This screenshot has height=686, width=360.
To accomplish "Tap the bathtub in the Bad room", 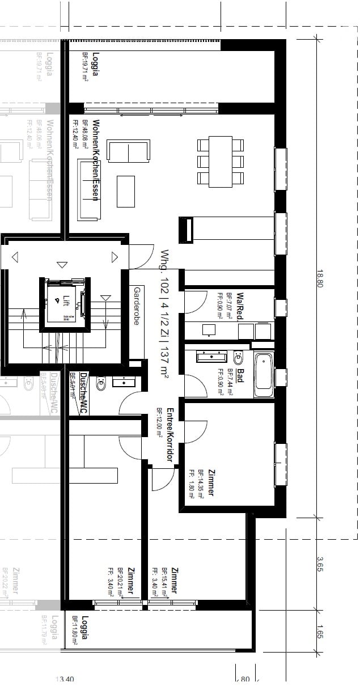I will (x=263, y=375).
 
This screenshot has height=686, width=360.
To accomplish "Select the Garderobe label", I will (x=137, y=306).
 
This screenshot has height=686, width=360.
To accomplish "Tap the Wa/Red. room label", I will (x=240, y=307).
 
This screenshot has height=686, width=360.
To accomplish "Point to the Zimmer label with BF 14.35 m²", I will (x=210, y=482).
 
